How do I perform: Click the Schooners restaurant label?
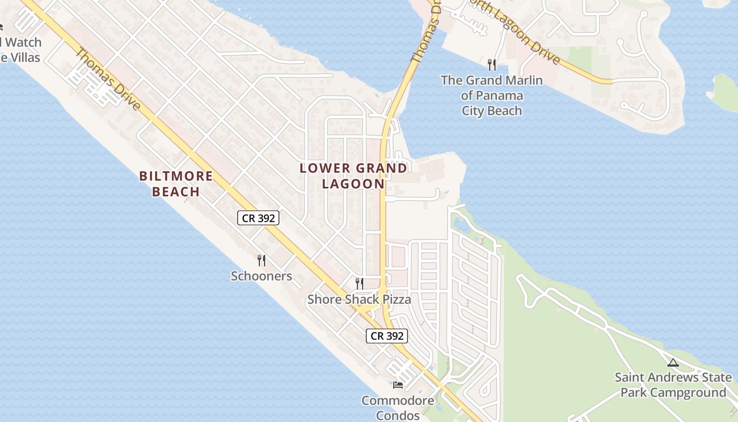261,276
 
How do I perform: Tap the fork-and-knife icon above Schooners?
261,260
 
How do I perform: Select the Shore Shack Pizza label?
359,300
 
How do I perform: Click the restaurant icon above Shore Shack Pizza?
359,284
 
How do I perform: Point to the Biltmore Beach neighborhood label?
176,184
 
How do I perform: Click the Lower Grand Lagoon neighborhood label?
353,176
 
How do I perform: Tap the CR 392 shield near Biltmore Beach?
258,218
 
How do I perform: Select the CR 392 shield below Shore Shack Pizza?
387,336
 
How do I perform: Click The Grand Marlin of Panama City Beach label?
491,95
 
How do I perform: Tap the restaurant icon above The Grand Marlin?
491,65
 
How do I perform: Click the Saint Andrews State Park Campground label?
673,385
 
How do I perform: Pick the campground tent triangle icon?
673,363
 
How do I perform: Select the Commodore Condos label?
398,408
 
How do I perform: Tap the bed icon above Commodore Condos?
398,385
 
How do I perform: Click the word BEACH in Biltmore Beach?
176,191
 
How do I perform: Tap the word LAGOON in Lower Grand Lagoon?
353,184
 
